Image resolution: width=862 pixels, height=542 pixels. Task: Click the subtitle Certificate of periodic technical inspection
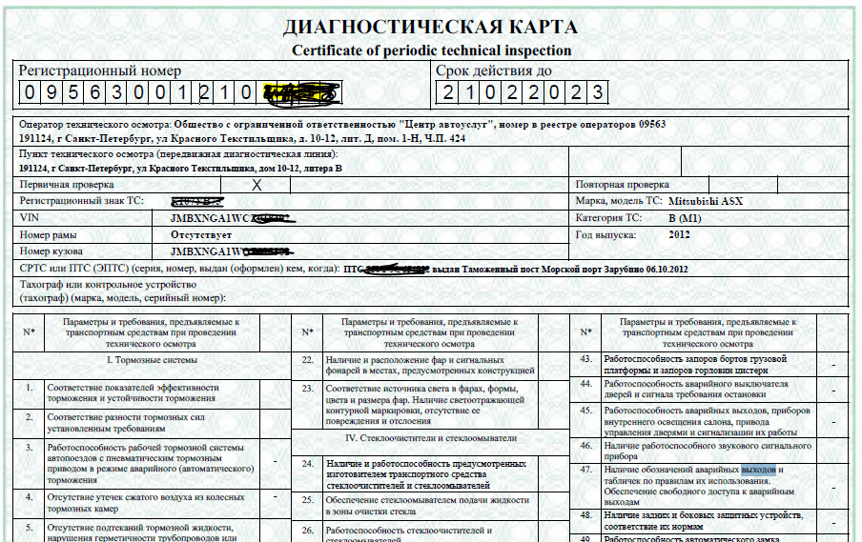(431, 50)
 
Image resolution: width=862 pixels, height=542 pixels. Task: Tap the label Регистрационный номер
(100, 70)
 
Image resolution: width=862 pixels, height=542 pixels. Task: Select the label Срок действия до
(493, 70)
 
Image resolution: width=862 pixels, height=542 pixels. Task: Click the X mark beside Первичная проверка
(256, 185)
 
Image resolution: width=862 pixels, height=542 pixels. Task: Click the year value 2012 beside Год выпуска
(680, 234)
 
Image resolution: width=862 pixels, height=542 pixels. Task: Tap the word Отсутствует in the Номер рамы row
(203, 234)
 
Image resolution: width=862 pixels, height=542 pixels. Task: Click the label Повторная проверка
(623, 185)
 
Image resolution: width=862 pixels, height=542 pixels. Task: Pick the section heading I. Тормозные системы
(152, 360)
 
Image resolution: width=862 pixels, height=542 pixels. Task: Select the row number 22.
(307, 361)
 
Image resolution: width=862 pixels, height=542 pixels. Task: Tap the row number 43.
(587, 360)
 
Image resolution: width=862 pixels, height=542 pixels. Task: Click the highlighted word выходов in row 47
(759, 470)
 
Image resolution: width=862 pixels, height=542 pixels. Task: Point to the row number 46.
(587, 445)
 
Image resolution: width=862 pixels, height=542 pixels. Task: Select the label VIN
(31, 218)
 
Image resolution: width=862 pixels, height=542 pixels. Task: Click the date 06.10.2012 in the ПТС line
(653, 269)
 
